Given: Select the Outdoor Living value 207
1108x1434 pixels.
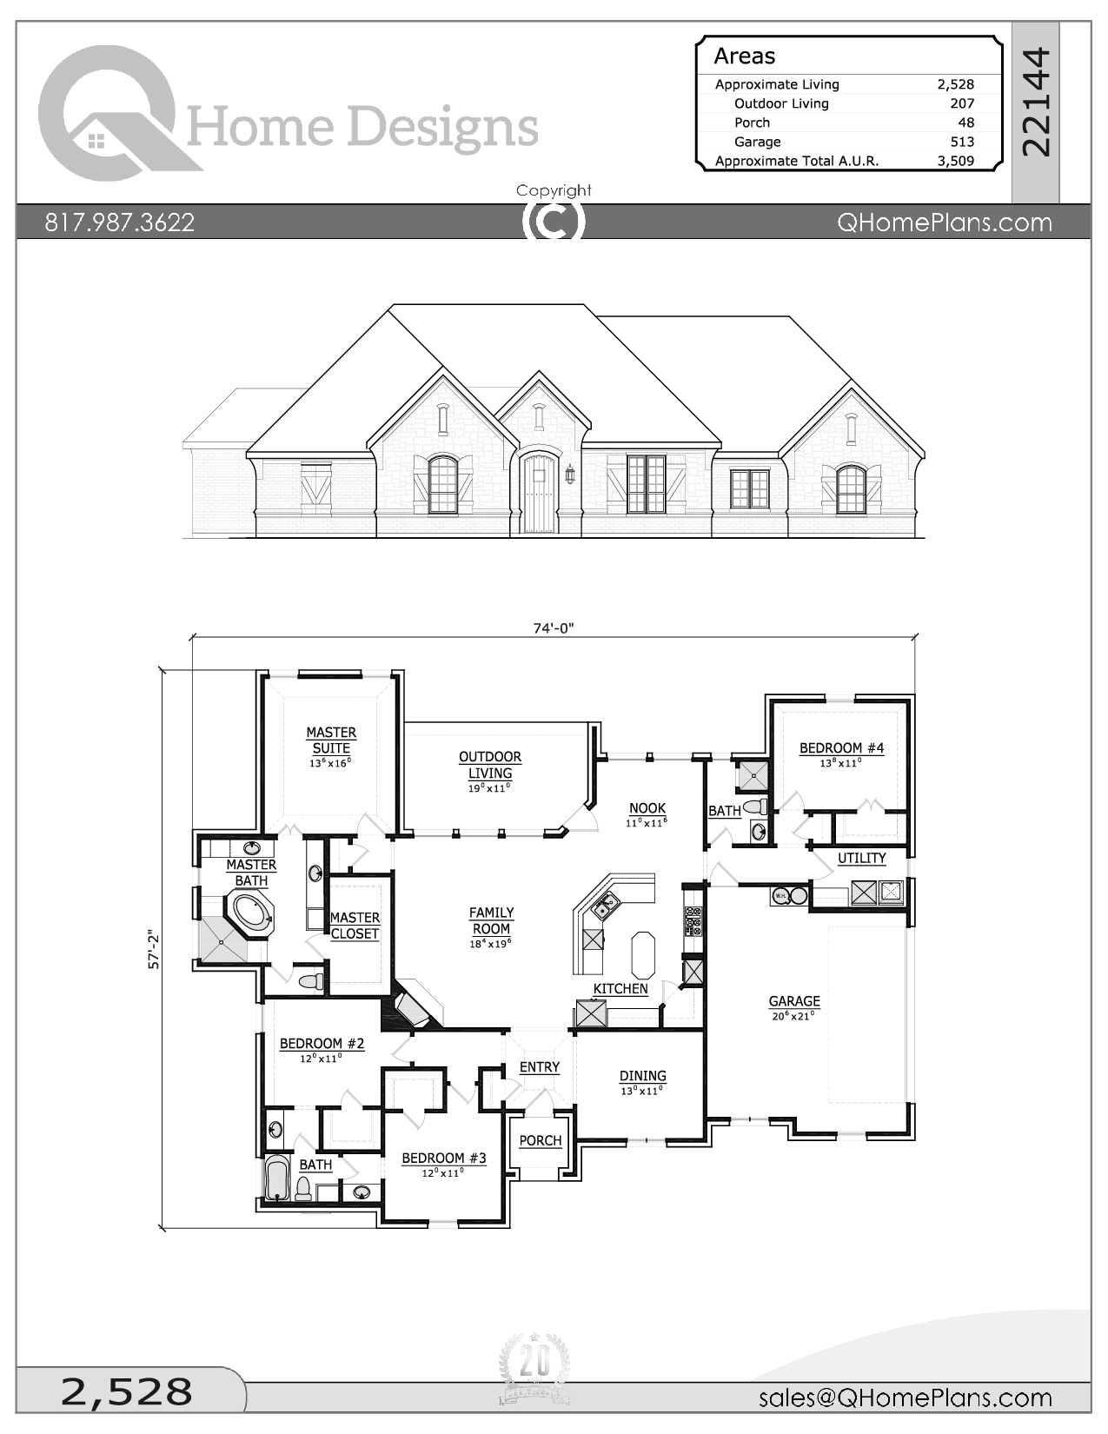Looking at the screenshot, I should click(x=961, y=103).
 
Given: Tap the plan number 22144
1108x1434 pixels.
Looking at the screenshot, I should click(x=1036, y=103).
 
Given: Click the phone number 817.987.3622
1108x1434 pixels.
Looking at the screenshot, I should click(x=120, y=222).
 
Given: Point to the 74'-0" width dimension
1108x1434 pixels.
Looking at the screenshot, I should click(x=554, y=628).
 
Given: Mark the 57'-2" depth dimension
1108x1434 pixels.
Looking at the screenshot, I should click(x=155, y=949).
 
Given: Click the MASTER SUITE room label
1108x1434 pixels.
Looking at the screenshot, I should click(x=331, y=740).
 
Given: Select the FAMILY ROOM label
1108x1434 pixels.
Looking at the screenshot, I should click(x=491, y=920).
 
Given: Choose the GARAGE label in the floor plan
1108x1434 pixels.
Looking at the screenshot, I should click(x=794, y=1001).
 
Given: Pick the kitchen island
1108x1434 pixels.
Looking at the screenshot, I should click(x=643, y=954).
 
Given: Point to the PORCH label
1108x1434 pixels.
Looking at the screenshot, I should click(x=541, y=1140).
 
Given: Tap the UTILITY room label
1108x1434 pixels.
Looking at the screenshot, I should click(x=861, y=858).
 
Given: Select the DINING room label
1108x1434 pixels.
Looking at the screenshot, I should click(x=642, y=1076).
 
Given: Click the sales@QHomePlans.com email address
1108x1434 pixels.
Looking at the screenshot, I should click(x=905, y=1397).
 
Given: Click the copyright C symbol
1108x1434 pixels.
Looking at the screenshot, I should click(x=554, y=222).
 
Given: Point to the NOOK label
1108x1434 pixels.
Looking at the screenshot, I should click(x=647, y=808).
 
